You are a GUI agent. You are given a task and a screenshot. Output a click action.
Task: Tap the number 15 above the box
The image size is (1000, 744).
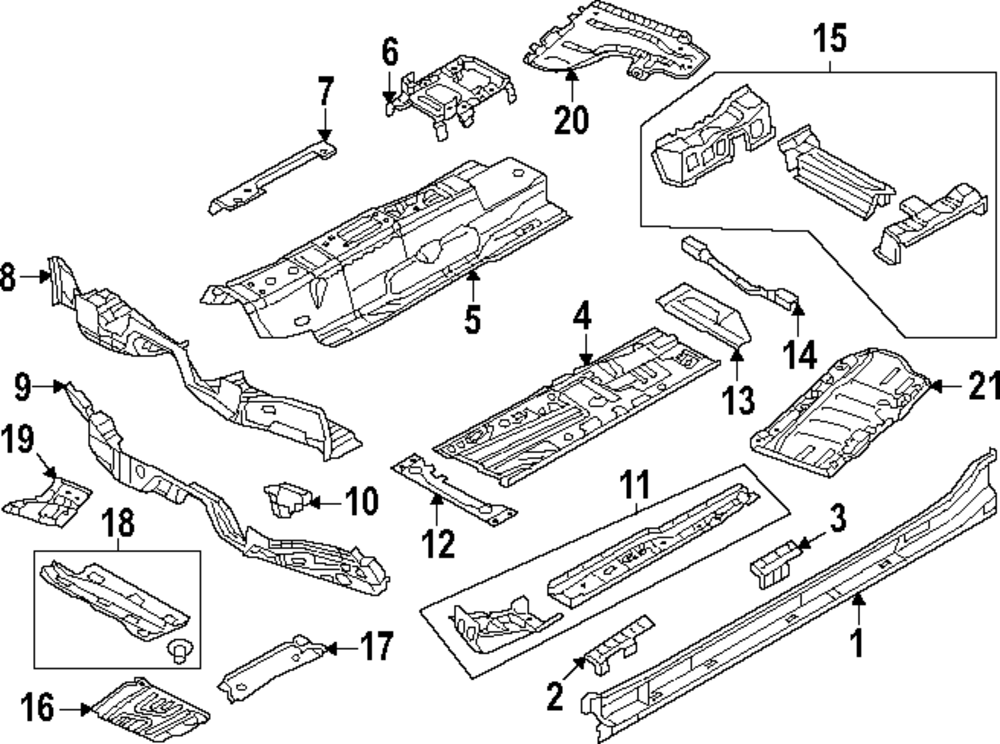point(830,40)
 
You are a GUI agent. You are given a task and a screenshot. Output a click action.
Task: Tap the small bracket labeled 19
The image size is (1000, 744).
point(50,497)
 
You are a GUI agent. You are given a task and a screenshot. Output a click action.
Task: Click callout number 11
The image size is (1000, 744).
point(632,487)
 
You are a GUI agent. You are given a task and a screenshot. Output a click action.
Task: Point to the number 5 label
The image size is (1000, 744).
point(472,320)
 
